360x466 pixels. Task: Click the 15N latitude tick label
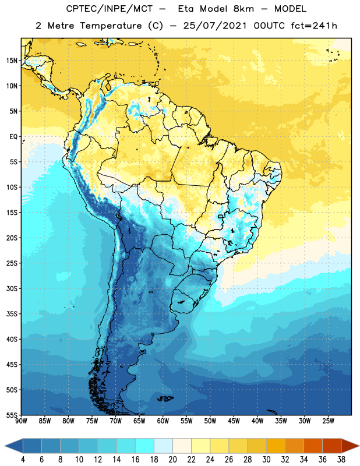click(x=12, y=61)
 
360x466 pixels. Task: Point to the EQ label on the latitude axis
click(x=13, y=137)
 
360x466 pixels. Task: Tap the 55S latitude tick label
click(x=12, y=415)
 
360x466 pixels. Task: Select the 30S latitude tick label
click(x=12, y=288)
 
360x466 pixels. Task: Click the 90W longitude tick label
click(x=21, y=421)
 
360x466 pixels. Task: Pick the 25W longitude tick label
click(x=328, y=421)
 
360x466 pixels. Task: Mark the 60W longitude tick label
click(x=163, y=421)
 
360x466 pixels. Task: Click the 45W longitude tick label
click(x=234, y=421)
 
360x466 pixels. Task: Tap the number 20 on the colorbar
click(x=172, y=460)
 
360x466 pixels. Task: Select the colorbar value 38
click(x=341, y=460)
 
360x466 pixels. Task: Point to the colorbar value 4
click(x=23, y=460)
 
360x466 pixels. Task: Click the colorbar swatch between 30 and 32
click(x=276, y=446)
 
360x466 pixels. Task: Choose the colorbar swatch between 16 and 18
click(x=144, y=446)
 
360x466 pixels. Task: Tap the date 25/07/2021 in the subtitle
click(x=215, y=26)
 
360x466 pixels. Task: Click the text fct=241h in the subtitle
click(x=314, y=26)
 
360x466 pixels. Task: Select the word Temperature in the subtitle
click(x=111, y=26)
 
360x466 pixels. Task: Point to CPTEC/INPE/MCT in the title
click(x=110, y=9)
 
